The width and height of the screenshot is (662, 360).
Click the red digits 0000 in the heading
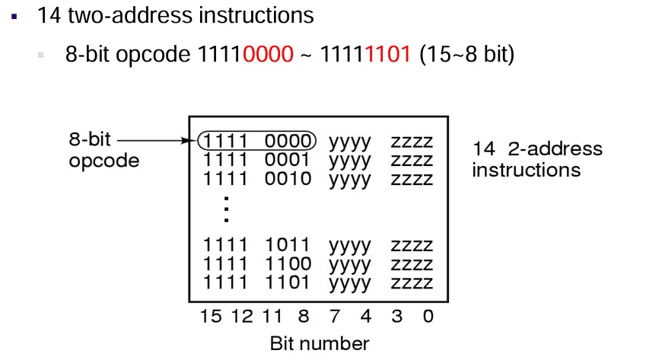[268, 54]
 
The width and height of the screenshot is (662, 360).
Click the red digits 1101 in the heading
[387, 54]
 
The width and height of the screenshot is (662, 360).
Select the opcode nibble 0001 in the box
[288, 160]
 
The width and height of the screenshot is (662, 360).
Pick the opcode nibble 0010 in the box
[288, 179]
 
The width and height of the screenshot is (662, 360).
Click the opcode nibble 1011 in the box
[288, 245]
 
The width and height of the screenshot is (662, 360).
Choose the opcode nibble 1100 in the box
[288, 263]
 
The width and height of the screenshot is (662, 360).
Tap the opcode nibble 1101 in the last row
[288, 282]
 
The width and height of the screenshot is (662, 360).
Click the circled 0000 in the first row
[288, 141]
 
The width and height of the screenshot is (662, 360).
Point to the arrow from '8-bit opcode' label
[154, 140]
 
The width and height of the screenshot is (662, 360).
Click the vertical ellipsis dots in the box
[226, 209]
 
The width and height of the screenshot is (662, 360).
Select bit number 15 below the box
[211, 316]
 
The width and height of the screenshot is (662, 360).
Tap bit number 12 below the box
[242, 316]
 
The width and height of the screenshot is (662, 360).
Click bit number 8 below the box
[304, 316]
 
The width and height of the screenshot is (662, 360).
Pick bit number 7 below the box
[335, 316]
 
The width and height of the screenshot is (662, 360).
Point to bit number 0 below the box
[428, 316]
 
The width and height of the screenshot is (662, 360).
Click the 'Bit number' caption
[320, 343]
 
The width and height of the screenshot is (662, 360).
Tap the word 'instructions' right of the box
[526, 170]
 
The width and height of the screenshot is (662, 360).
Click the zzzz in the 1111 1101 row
[412, 283]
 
